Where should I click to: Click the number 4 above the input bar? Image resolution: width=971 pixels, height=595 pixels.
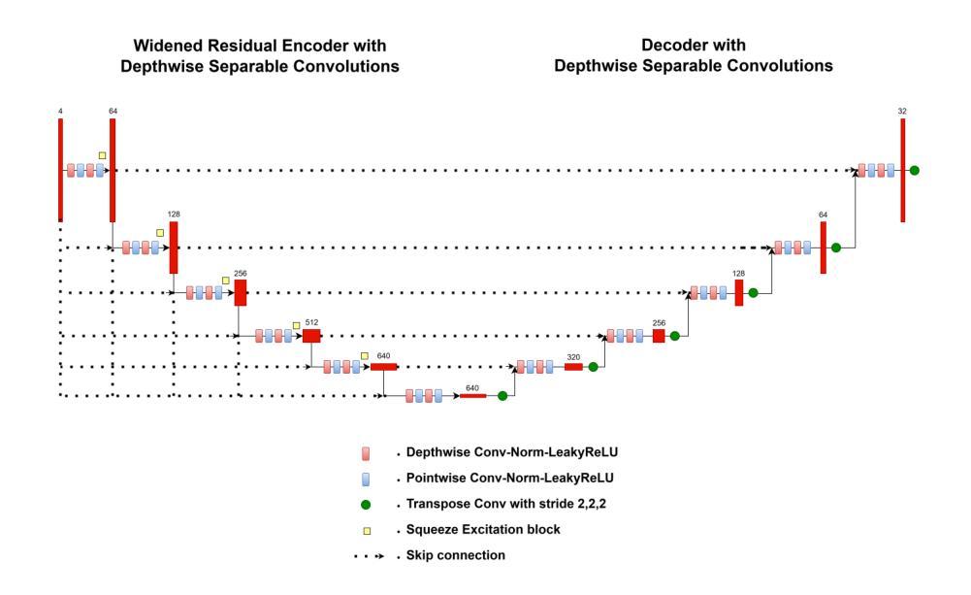(x=60, y=112)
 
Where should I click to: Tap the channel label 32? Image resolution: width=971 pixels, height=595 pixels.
(x=902, y=112)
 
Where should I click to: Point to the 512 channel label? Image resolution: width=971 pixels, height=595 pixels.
(x=311, y=321)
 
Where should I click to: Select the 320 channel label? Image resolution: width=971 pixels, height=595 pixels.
(x=573, y=357)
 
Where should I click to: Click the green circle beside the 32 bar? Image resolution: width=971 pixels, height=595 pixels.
(x=914, y=171)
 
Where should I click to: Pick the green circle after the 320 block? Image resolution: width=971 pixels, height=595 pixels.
(x=593, y=367)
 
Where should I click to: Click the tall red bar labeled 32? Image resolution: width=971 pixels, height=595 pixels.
(x=902, y=170)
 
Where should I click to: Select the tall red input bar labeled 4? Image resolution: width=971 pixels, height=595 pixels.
(x=60, y=170)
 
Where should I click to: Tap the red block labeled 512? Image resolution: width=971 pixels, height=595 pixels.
(x=310, y=336)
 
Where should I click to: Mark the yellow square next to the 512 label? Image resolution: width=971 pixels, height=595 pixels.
(x=297, y=325)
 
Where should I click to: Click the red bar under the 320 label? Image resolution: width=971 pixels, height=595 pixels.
(x=573, y=367)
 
